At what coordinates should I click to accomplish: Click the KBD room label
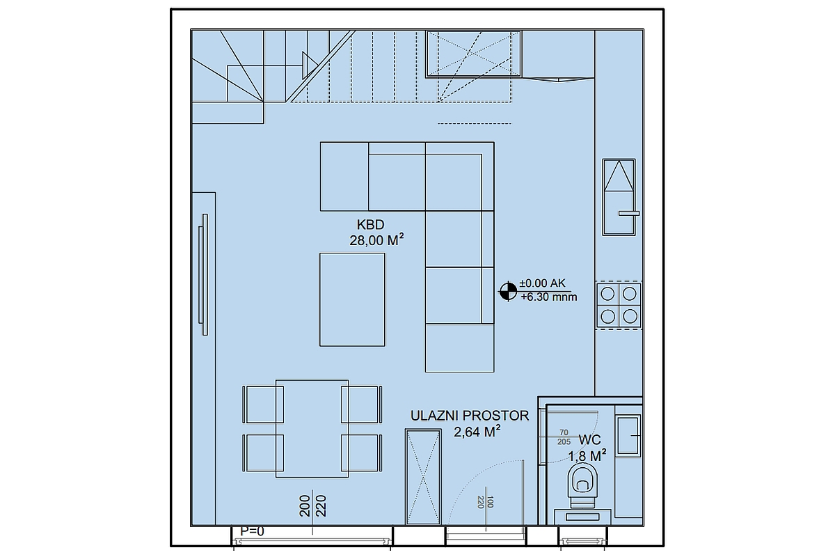pos(370,225)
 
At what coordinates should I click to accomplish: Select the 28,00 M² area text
pos(376,240)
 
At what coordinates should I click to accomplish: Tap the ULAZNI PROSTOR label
pos(470,416)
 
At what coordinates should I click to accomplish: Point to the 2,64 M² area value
pos(477,432)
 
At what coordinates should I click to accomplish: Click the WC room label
pos(590,440)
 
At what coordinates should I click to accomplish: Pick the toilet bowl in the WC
pos(582,486)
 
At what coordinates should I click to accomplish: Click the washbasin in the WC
pos(628,436)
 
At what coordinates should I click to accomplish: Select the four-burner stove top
pos(619,305)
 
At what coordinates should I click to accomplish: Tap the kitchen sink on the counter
pos(619,197)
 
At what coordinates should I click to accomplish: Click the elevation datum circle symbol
pos(508,291)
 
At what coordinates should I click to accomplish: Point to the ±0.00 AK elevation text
pos(542,283)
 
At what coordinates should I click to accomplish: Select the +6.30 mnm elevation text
pos(549,297)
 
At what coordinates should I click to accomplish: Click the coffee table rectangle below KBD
pos(352,300)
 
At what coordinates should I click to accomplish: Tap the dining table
pos(312,429)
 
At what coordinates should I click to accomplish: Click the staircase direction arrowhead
pos(310,65)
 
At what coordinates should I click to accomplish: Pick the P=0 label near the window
pos(252,531)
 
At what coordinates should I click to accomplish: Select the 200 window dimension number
pos(305,506)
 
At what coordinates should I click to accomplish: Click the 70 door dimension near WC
pos(564,432)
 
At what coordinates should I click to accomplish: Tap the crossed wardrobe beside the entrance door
pos(424,477)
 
